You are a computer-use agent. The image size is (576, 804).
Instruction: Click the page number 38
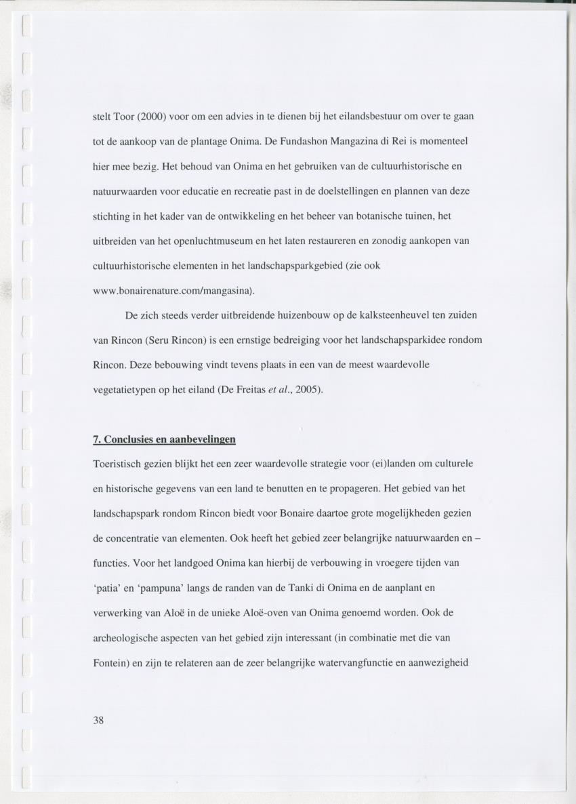click(98, 720)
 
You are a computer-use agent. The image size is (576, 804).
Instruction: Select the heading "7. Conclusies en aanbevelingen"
click(164, 439)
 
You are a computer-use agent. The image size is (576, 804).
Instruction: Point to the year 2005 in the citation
click(308, 390)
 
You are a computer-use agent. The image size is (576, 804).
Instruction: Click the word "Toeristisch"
click(119, 464)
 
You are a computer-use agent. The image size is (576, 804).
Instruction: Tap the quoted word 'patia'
click(108, 588)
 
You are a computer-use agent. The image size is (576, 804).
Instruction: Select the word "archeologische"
click(126, 638)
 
